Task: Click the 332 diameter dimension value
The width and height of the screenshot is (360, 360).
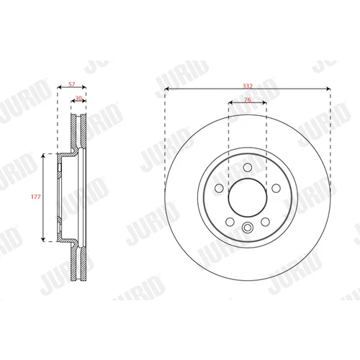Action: click(x=248, y=86)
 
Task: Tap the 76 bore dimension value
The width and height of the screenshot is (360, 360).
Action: click(x=248, y=99)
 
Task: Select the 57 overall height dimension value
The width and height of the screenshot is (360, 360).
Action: click(x=72, y=84)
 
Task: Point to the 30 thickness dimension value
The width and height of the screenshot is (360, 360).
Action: click(x=78, y=98)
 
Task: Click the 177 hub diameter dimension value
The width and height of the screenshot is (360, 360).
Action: click(x=36, y=197)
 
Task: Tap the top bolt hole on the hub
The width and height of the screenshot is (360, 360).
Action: click(x=248, y=167)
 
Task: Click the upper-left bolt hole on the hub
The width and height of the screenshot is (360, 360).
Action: click(x=219, y=188)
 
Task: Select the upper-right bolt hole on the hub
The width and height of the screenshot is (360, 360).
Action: click(x=276, y=188)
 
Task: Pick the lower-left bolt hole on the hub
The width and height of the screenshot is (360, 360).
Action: click(x=230, y=222)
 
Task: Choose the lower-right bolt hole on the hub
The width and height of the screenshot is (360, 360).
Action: click(x=265, y=222)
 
